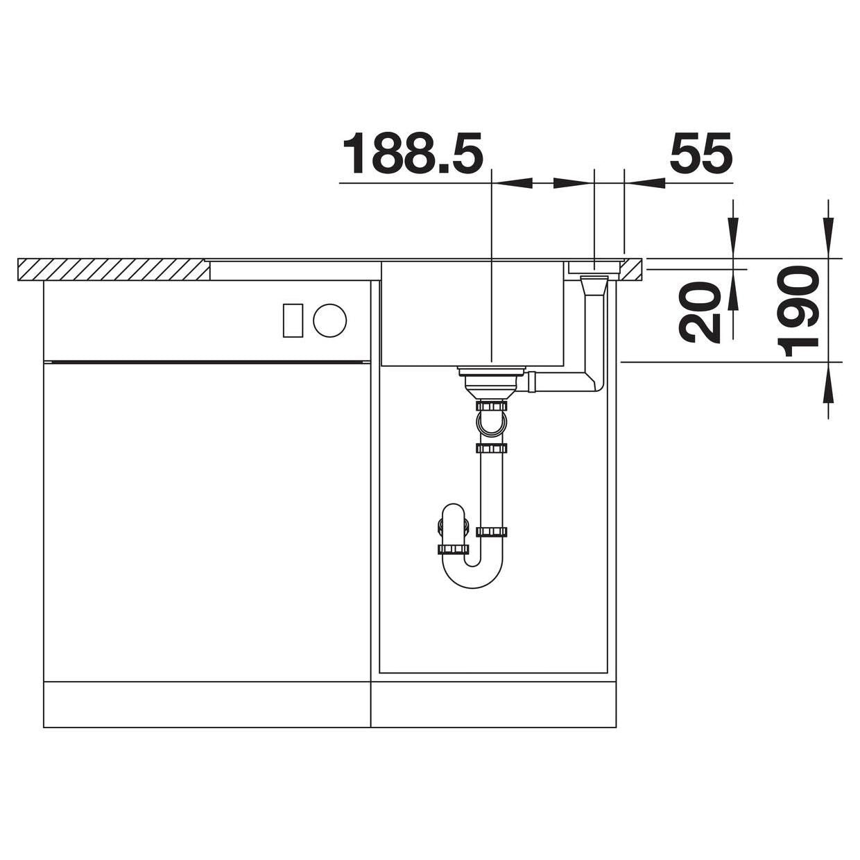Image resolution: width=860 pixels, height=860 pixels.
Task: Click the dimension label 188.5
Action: click(x=413, y=153)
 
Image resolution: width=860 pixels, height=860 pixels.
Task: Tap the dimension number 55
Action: click(x=700, y=153)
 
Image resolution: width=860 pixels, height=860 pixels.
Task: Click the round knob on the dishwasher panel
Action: click(x=330, y=320)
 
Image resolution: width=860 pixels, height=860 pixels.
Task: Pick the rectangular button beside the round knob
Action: click(x=293, y=320)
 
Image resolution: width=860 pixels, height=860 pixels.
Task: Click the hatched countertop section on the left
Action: click(x=113, y=270)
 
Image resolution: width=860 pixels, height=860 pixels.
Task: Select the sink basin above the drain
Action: click(x=472, y=314)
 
